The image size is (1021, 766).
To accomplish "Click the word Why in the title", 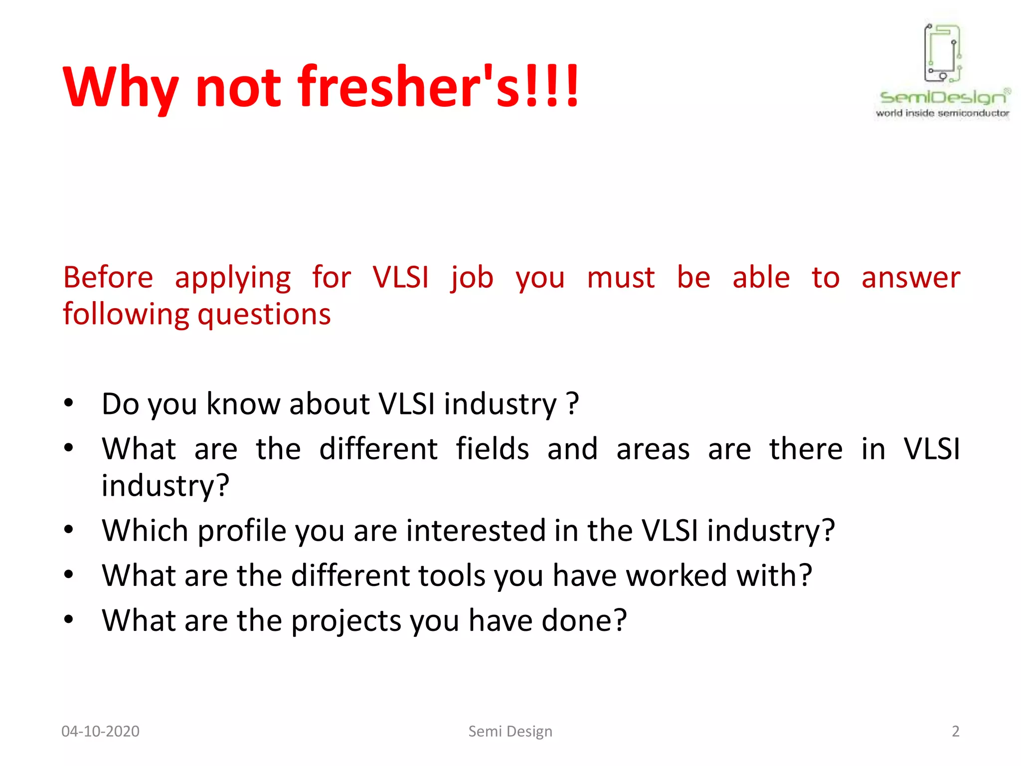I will tap(120, 88).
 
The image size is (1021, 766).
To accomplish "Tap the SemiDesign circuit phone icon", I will tap(943, 53).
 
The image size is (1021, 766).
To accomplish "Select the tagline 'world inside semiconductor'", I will tap(942, 113).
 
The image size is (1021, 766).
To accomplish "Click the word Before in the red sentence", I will tap(108, 277).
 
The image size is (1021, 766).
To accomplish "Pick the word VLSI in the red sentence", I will tap(400, 277).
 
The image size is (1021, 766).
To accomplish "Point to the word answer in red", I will tap(910, 277).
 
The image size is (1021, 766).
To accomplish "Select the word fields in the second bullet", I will tap(492, 448).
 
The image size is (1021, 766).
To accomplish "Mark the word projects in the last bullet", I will tap(346, 621).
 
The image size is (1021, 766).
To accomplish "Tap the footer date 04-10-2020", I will tap(100, 731).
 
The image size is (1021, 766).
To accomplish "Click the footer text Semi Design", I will tap(510, 731).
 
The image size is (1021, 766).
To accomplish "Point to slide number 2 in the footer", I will tap(955, 731).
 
